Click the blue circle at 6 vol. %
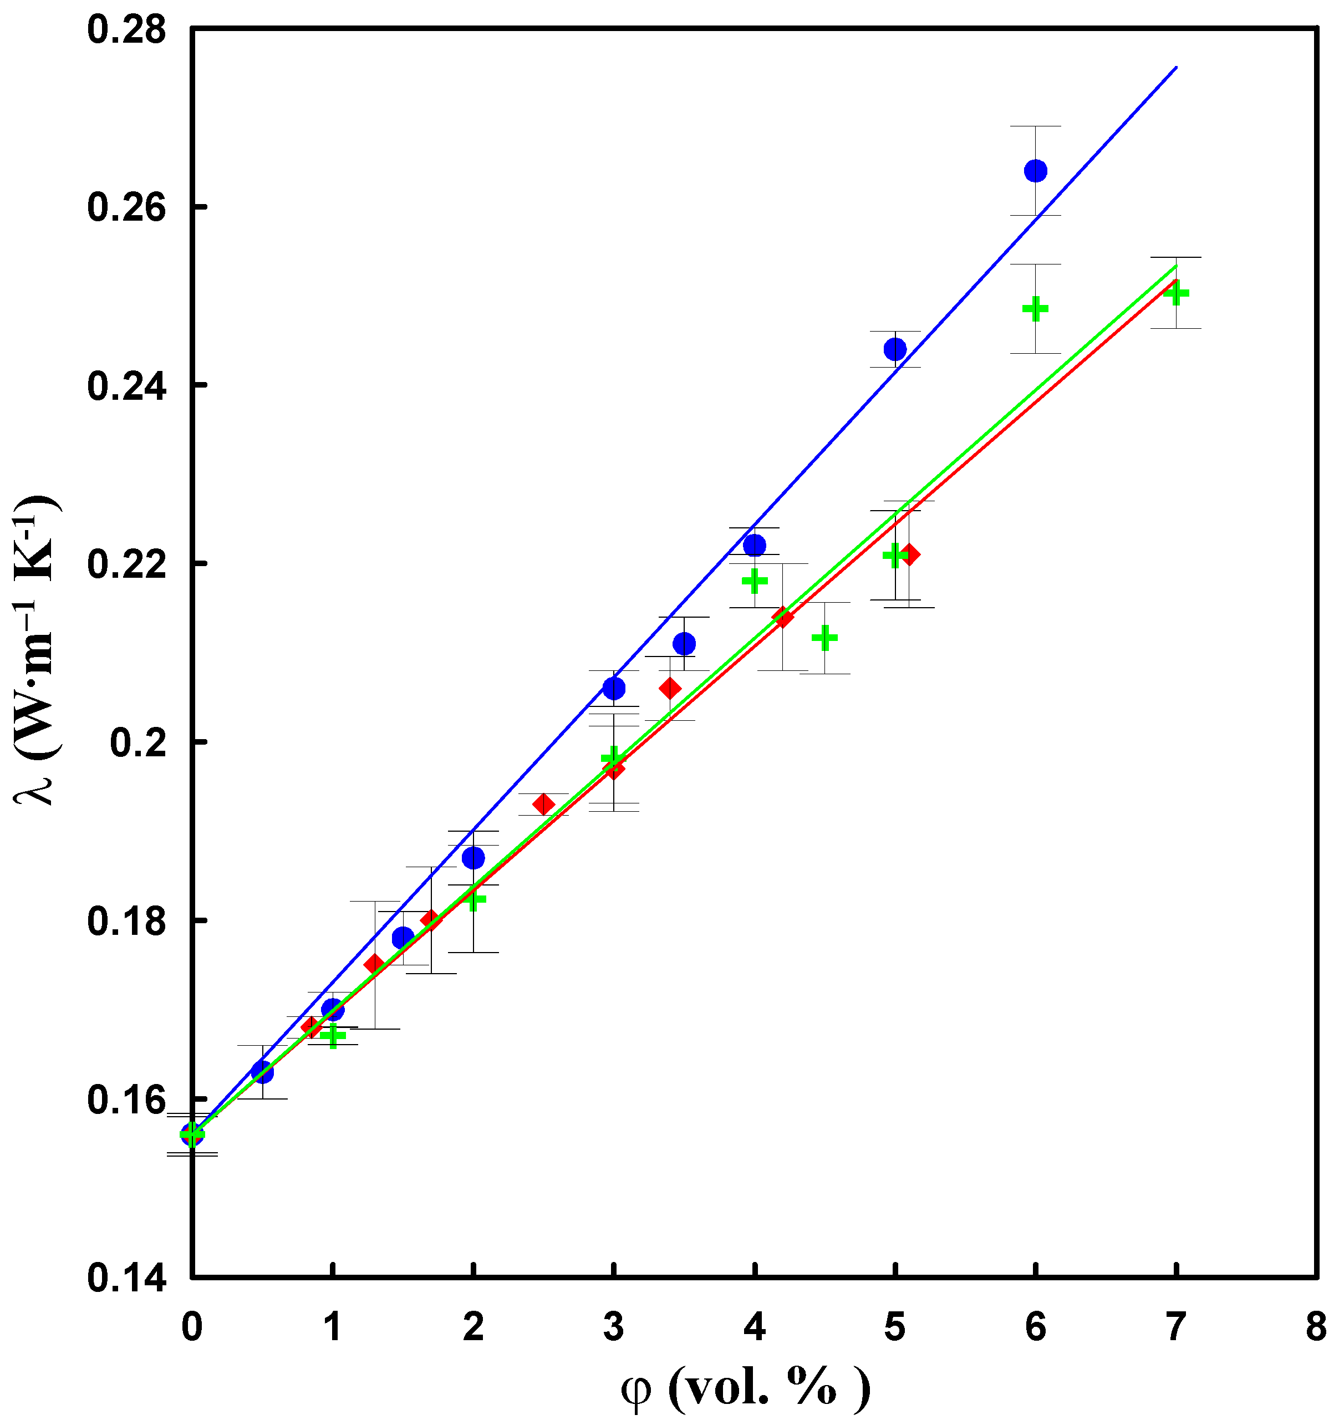(x=1035, y=171)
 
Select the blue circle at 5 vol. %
(x=894, y=349)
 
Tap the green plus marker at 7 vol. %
(x=1175, y=293)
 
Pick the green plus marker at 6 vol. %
(x=1035, y=309)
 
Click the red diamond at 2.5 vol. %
(x=543, y=804)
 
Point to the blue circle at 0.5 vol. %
(x=262, y=1072)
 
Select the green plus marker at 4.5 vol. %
(x=824, y=638)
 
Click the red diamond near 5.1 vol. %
(x=910, y=554)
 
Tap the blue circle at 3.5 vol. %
(x=684, y=644)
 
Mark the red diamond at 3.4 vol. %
(x=670, y=688)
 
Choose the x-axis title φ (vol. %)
(x=746, y=1389)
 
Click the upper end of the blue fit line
(x=1175, y=68)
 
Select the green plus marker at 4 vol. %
(x=754, y=581)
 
